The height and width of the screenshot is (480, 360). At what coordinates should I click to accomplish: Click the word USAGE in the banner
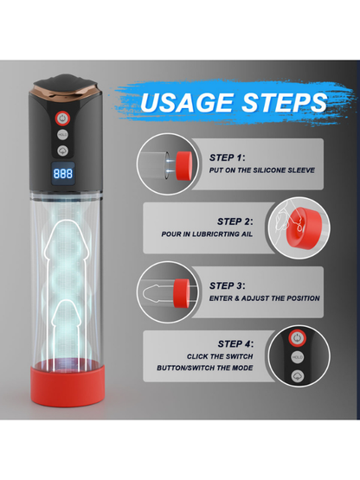click(187, 102)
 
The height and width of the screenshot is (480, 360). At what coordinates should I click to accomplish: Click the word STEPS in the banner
click(285, 102)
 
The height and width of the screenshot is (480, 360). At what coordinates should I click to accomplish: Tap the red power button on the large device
click(62, 118)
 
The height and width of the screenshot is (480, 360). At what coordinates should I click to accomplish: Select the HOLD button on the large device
click(62, 135)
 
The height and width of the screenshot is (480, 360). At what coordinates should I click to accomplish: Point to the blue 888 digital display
click(63, 174)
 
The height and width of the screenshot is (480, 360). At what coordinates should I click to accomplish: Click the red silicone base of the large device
click(67, 387)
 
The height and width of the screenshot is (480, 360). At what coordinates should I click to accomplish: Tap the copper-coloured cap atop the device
click(66, 93)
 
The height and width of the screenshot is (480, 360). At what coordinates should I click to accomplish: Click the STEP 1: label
click(228, 157)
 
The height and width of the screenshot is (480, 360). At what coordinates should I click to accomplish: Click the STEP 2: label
click(235, 221)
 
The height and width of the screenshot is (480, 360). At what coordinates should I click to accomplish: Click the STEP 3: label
click(228, 285)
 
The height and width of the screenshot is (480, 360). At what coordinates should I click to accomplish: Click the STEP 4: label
click(235, 343)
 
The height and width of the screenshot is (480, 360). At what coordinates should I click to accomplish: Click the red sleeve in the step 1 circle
click(184, 166)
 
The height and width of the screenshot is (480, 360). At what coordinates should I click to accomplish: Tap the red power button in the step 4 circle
click(297, 338)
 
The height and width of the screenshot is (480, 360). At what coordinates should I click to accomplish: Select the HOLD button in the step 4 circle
click(297, 357)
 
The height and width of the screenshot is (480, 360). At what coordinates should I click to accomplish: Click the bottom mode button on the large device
click(62, 150)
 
